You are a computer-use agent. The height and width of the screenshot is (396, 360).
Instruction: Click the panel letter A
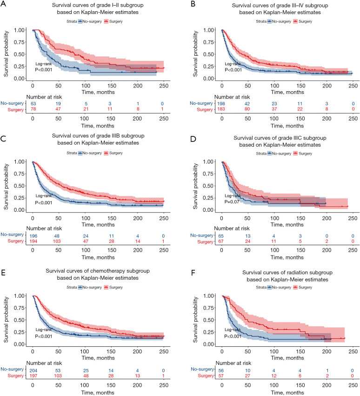point(3,4)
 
